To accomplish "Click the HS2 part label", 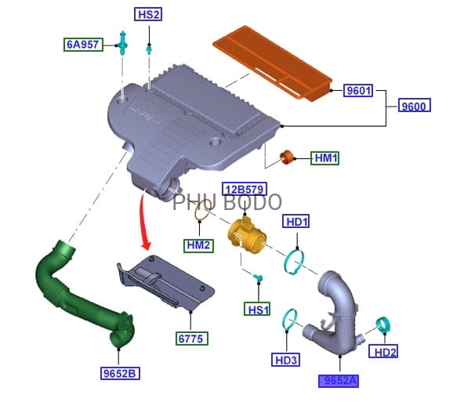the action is [x=148, y=14].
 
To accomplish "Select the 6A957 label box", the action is [x=83, y=45].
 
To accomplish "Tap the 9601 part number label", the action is [x=358, y=90].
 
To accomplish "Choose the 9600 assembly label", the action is [x=415, y=106].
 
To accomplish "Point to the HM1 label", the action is [x=324, y=158].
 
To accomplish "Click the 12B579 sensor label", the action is [x=245, y=189].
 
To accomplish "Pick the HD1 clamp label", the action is [x=295, y=221].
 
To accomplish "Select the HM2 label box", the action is [x=198, y=246].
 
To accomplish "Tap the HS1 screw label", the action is [x=257, y=309].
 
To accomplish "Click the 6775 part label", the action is [x=192, y=339].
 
